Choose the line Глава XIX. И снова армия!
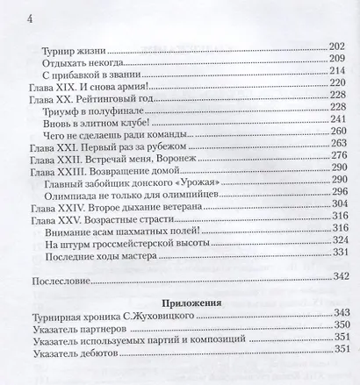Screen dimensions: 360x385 pos(95,88)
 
